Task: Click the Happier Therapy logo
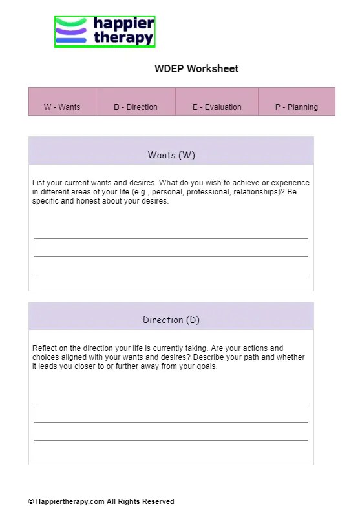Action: pos(105,32)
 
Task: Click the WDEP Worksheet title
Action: pos(196,68)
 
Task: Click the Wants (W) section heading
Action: pos(171,155)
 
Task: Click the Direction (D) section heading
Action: pos(171,320)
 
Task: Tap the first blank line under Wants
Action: pos(171,238)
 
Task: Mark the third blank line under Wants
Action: pos(171,274)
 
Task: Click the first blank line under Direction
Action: pos(171,403)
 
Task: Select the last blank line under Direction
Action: pos(171,439)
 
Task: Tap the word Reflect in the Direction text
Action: pos(45,348)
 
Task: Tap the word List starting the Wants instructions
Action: pos(39,183)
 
